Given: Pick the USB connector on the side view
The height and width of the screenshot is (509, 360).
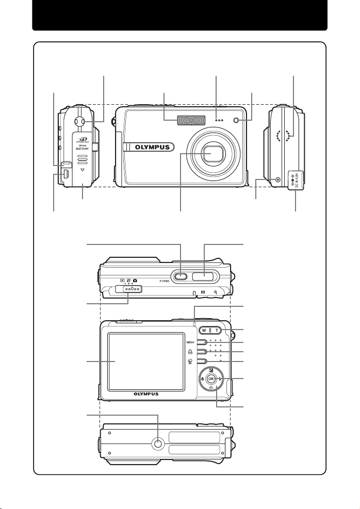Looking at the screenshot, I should [66, 175].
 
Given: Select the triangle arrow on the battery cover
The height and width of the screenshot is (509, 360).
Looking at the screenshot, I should [84, 175].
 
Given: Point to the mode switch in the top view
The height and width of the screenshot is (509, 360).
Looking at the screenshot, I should [127, 289].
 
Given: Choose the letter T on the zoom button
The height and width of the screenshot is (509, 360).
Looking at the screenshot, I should [219, 330].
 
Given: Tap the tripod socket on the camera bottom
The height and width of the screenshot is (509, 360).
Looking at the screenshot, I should [159, 443].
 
